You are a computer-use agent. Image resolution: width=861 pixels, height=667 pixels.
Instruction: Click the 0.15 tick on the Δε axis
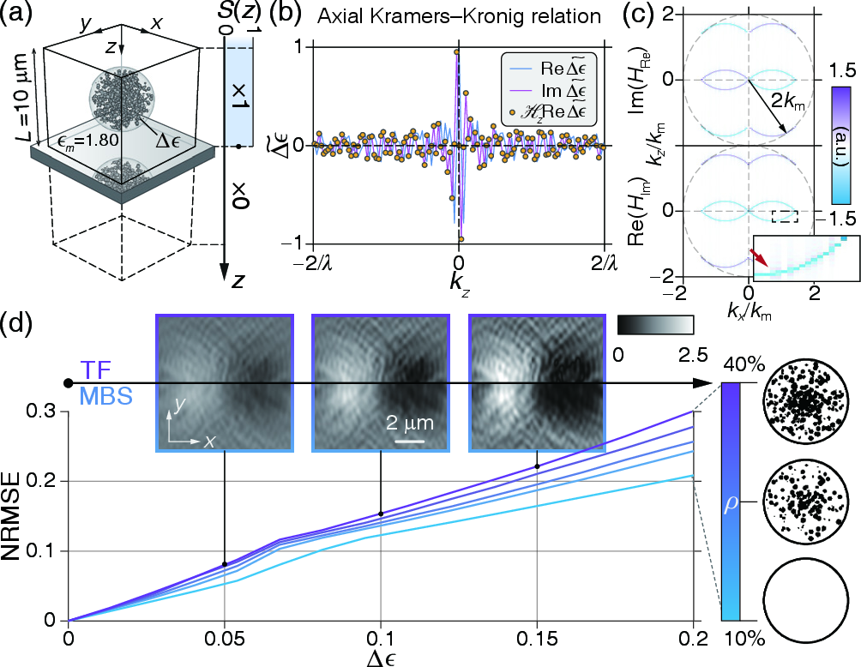tap(537, 639)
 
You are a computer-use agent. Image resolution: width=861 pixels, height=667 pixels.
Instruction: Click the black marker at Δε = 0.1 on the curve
tap(380, 514)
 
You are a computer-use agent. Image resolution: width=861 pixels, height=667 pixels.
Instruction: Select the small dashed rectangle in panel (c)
tap(786, 216)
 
